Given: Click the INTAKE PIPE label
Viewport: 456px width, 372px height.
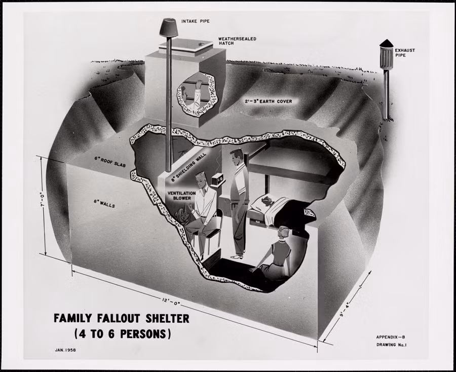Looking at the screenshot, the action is tap(196, 21).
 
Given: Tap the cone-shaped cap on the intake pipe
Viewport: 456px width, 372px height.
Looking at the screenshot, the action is tap(169, 28).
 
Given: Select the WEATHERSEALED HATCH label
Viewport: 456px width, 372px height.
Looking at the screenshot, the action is tap(237, 41).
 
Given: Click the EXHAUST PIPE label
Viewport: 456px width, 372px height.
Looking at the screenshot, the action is tap(404, 53).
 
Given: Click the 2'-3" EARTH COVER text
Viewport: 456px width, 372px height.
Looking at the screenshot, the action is tap(268, 101).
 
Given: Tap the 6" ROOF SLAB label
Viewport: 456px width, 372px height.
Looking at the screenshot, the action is tap(110, 162).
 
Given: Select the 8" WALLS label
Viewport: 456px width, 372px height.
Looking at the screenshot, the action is tap(104, 203).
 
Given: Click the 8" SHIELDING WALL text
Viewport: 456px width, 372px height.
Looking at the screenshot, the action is tap(188, 167).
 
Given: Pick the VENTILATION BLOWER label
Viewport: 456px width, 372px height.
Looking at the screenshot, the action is tap(182, 196).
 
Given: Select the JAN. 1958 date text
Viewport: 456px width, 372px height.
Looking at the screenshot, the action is tap(65, 350).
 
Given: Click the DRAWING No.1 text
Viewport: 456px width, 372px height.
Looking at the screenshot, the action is tap(392, 345).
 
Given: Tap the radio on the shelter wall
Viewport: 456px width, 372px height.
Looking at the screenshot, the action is tap(218, 179).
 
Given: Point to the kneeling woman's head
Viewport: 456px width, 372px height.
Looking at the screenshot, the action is tap(283, 233).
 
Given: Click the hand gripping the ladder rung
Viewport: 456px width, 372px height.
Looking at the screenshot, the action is tap(199, 84).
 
